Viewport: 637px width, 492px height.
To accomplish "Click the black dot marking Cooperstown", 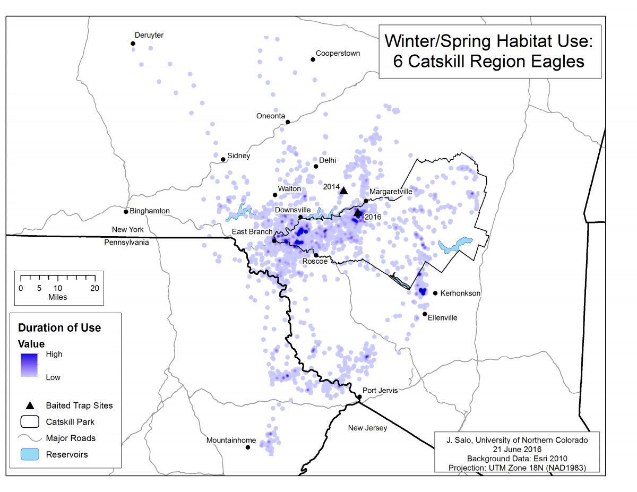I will tap(313, 59).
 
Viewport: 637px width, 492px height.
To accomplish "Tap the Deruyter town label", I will tap(149, 35).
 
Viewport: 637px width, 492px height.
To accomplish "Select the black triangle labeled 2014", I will tap(343, 191).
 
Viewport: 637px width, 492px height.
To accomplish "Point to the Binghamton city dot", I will tap(126, 212).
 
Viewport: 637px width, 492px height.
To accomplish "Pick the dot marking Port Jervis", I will tap(359, 396).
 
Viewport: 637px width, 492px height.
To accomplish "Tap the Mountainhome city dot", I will tap(248, 447).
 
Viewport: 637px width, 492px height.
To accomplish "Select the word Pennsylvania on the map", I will tap(127, 242).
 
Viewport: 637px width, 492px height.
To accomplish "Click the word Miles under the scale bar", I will tap(57, 297).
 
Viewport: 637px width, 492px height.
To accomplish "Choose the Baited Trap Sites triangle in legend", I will tap(30, 405).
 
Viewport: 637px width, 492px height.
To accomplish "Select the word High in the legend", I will tap(54, 354).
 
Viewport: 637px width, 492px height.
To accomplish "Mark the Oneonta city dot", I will tap(288, 122).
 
